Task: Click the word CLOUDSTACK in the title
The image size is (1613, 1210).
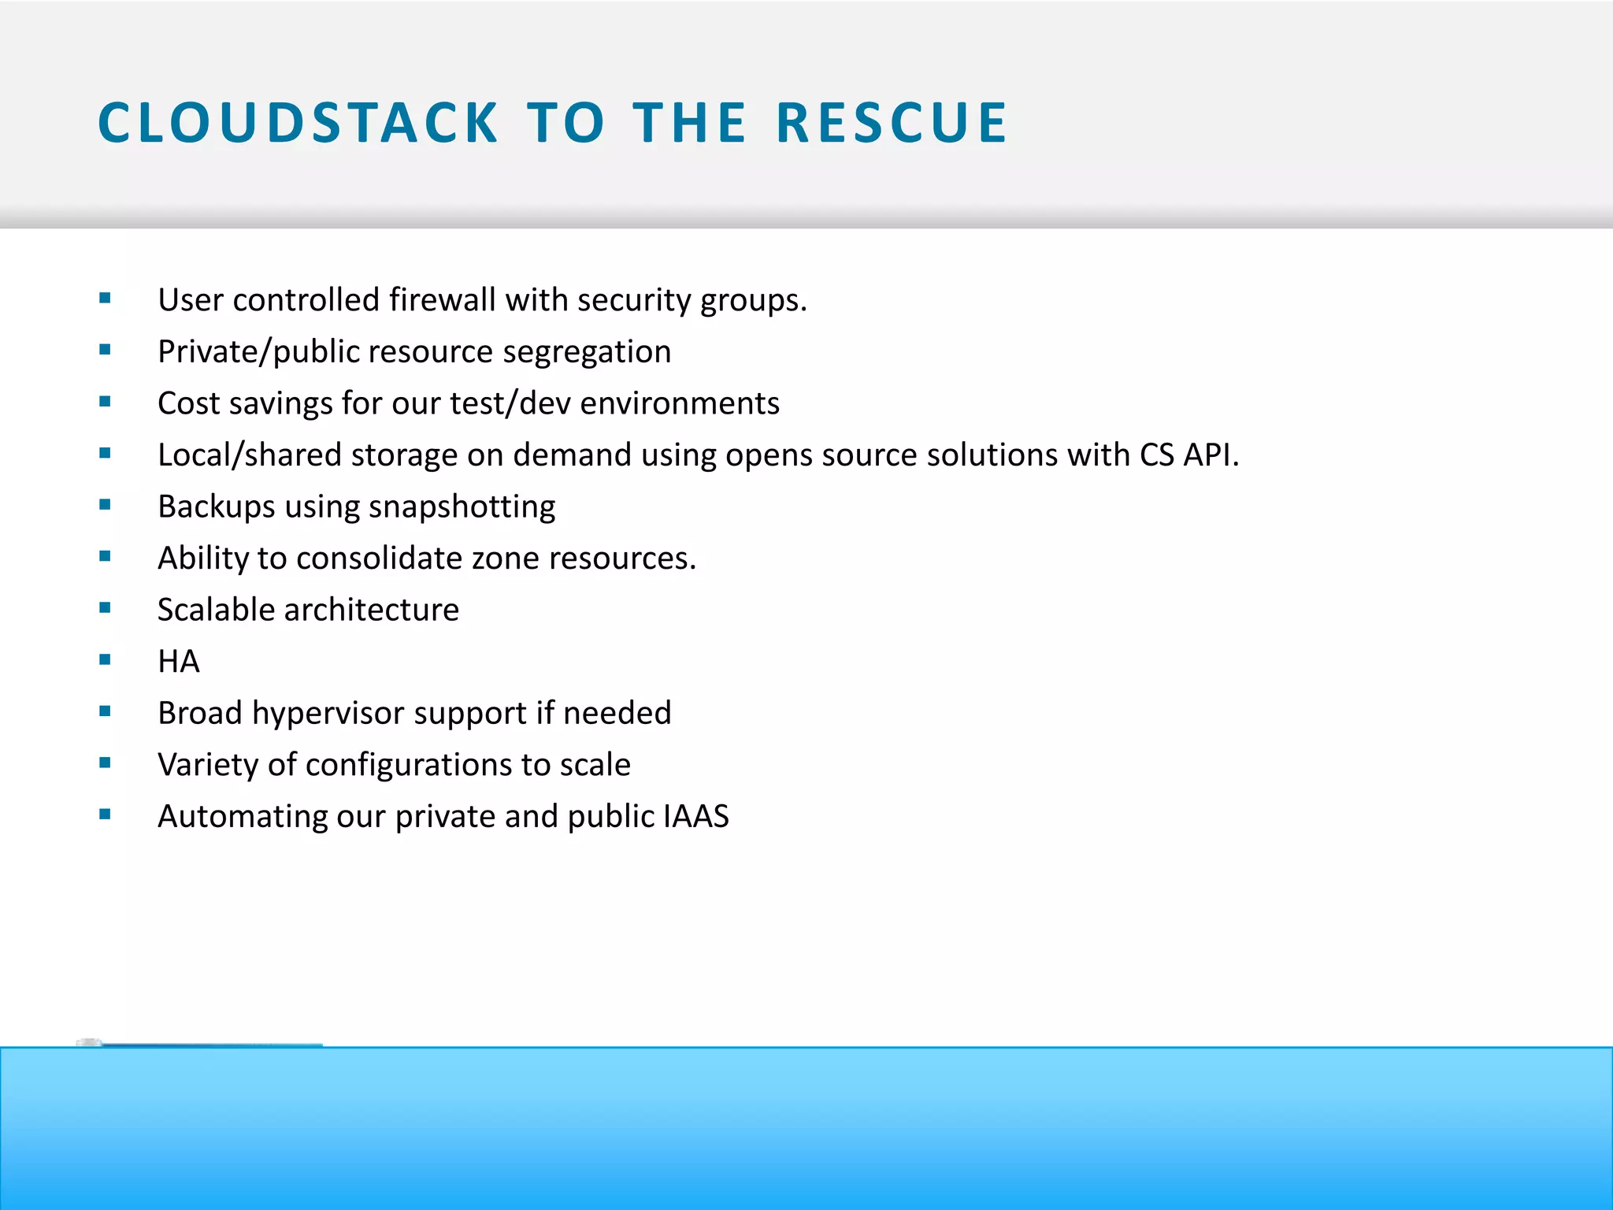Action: click(298, 123)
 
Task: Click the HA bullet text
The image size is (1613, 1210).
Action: click(179, 662)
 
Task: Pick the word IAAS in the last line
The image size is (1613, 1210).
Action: click(696, 817)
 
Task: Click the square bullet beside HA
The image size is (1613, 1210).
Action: click(105, 660)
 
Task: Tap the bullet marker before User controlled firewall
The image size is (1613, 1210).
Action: click(105, 299)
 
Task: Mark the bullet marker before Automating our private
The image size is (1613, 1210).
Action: click(105, 815)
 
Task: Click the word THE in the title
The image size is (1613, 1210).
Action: click(689, 123)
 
